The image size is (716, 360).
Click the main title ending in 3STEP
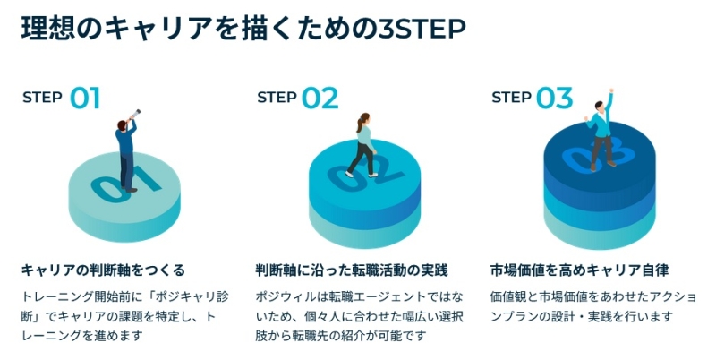(243, 30)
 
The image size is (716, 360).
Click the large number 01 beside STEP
(85, 98)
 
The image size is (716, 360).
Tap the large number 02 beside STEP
(320, 98)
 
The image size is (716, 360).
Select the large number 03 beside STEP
(554, 98)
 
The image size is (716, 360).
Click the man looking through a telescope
(126, 152)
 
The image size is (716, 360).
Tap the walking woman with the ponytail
(362, 145)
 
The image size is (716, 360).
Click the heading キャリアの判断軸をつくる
(103, 270)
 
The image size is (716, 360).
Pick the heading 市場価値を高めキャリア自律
(580, 270)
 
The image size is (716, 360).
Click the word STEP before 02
(277, 98)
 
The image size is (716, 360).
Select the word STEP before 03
(511, 98)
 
